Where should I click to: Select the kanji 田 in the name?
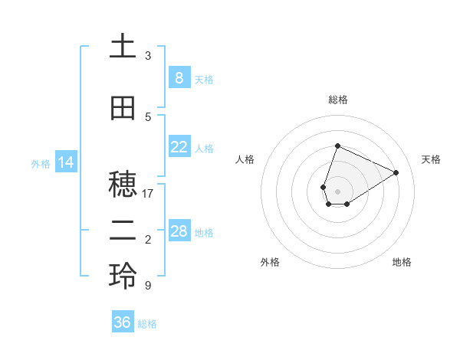(x=123, y=109)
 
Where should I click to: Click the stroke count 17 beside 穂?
(x=148, y=194)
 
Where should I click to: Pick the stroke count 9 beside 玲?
(x=148, y=286)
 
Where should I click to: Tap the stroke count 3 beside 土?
(x=148, y=56)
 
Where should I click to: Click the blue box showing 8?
(x=179, y=77)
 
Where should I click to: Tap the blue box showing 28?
(x=179, y=231)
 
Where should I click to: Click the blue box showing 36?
(x=123, y=322)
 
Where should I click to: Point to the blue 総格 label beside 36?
(x=147, y=324)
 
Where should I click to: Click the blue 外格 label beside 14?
(x=41, y=163)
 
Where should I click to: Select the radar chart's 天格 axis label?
(x=431, y=159)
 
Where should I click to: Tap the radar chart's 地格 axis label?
(x=402, y=262)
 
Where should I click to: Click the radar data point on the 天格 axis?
(x=396, y=172)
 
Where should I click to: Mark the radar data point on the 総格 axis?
(x=337, y=146)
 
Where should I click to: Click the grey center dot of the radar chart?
(x=337, y=191)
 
